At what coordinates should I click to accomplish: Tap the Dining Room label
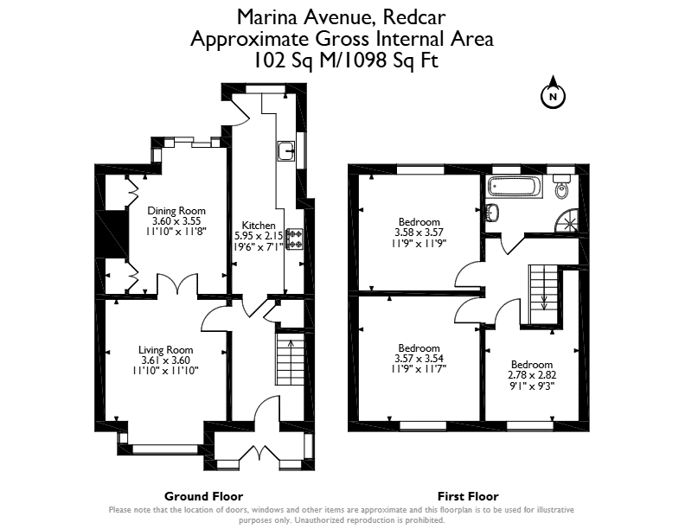[x=176, y=210]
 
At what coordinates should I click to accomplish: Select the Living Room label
[x=165, y=349]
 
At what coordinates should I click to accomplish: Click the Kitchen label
[x=259, y=226]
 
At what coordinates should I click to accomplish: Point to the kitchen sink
[x=286, y=150]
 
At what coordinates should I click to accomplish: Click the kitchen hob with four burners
[x=294, y=239]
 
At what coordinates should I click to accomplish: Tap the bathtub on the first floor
[x=515, y=187]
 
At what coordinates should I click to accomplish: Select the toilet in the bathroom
[x=562, y=185]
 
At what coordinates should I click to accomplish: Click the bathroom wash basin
[x=493, y=213]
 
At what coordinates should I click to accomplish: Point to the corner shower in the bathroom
[x=567, y=220]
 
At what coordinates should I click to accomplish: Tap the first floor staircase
[x=544, y=295]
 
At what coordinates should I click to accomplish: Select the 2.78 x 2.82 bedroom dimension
[x=532, y=375]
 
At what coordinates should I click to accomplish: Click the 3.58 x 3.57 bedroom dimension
[x=419, y=233]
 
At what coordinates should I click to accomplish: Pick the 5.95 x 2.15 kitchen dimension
[x=259, y=236]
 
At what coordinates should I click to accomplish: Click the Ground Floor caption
[x=203, y=496]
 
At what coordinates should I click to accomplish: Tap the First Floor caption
[x=468, y=496]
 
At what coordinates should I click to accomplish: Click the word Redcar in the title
[x=414, y=17]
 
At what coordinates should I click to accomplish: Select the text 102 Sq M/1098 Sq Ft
[x=346, y=61]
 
